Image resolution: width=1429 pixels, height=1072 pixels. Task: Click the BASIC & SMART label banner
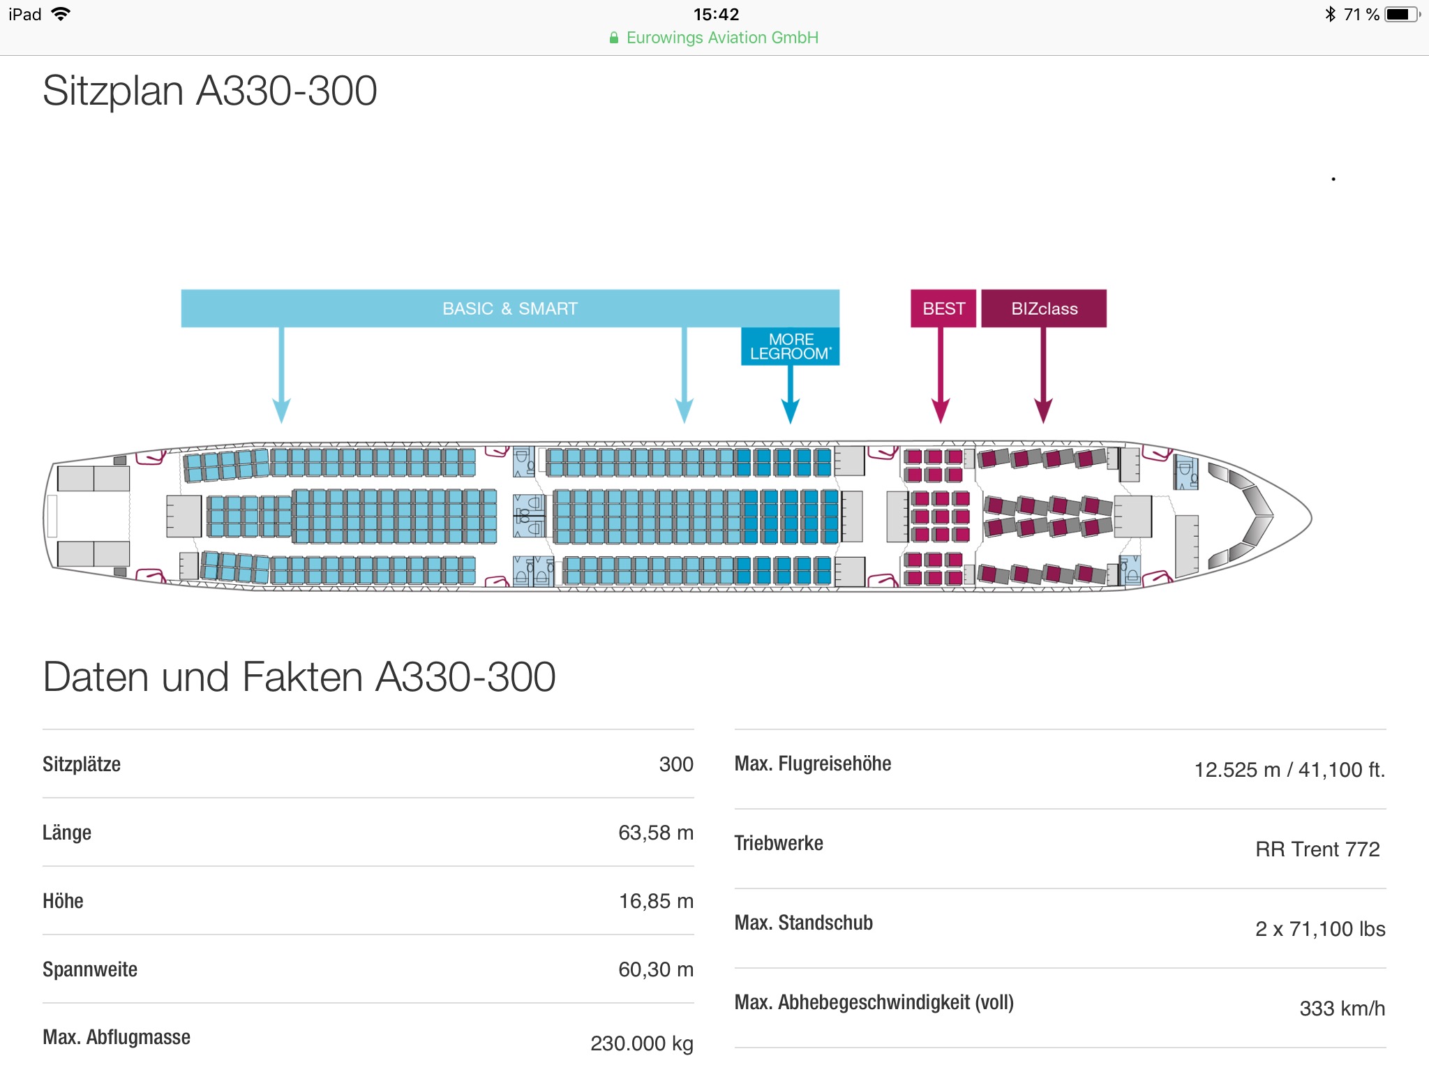click(x=509, y=308)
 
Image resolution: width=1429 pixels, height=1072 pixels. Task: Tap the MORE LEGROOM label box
click(x=790, y=347)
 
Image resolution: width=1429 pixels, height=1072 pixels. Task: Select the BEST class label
click(x=943, y=308)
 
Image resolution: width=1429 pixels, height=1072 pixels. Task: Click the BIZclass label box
click(x=1044, y=308)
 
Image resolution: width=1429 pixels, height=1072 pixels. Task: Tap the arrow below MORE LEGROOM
click(x=790, y=394)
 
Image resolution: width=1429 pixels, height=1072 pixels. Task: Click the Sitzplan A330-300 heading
click(x=209, y=91)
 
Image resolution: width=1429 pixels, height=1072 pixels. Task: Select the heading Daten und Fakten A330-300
click(x=299, y=677)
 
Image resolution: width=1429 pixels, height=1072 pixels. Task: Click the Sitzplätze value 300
click(x=675, y=764)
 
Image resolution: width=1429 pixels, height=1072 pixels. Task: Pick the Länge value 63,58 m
click(x=655, y=833)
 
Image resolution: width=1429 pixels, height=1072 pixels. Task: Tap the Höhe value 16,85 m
click(x=656, y=901)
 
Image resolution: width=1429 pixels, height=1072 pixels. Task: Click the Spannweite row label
click(x=90, y=969)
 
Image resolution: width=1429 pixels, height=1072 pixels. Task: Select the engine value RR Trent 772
click(x=1317, y=849)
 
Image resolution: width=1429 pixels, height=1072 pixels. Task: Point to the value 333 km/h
click(x=1342, y=1008)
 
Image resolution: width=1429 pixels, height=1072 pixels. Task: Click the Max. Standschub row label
click(x=803, y=923)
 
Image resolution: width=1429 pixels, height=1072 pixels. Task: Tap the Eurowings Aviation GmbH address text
click(x=721, y=38)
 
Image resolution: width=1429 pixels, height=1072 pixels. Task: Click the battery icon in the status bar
click(x=1401, y=15)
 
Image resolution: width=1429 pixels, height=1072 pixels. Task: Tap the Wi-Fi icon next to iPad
click(x=61, y=14)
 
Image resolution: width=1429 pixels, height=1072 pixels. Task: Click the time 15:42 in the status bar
click(x=716, y=15)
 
